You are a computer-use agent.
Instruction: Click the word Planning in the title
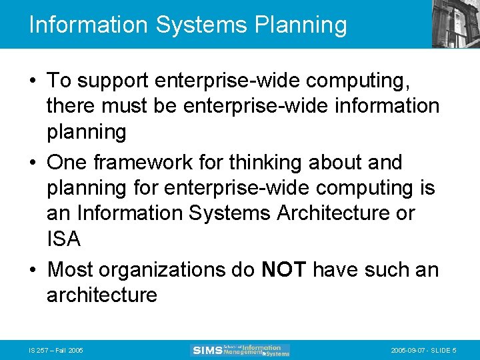tap(301, 25)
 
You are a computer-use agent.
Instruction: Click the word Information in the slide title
tap(88, 25)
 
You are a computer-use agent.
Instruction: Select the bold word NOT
tap(284, 269)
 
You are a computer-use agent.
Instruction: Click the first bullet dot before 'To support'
tap(33, 81)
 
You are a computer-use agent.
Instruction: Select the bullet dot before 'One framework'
tap(33, 163)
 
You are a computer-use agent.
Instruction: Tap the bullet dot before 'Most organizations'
tap(33, 270)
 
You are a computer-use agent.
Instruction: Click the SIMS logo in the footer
tap(241, 349)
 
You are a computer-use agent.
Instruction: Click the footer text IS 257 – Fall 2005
tap(56, 350)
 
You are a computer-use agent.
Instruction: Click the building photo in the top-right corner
tap(455, 24)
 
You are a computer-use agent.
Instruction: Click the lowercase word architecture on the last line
tap(101, 295)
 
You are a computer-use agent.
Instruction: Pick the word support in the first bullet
tap(111, 81)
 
